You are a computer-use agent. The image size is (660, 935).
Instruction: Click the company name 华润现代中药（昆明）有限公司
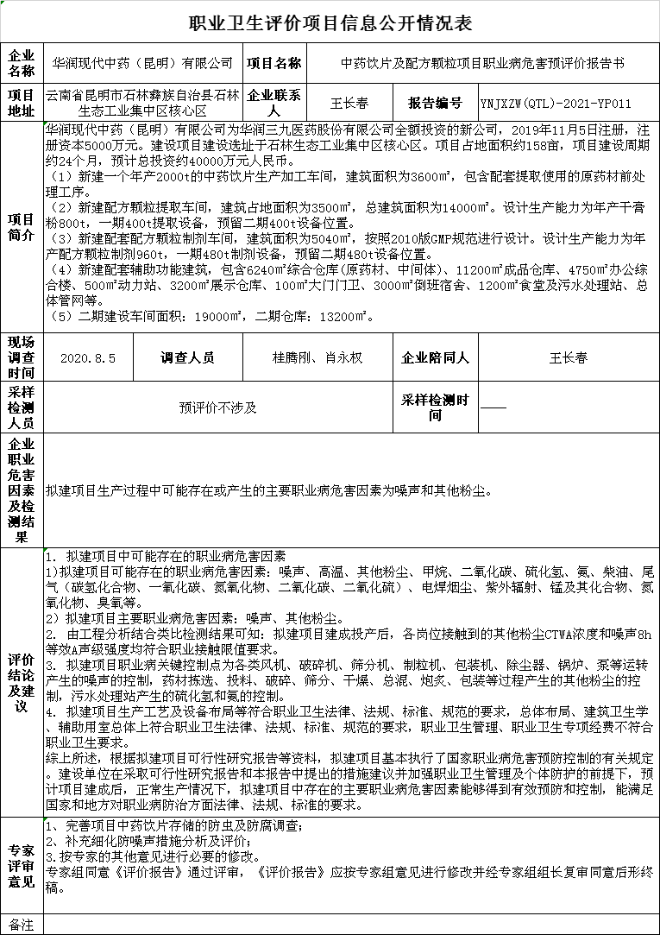pyautogui.click(x=142, y=63)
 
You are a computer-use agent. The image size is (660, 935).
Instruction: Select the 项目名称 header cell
pyautogui.click(x=273, y=63)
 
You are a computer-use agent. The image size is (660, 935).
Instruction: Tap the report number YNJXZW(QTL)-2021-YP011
pyautogui.click(x=556, y=104)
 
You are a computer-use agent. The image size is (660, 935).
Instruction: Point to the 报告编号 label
pyautogui.click(x=435, y=104)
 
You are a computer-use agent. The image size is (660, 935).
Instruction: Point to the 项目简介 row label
pyautogui.click(x=22, y=227)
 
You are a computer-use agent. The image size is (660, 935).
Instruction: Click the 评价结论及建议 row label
pyautogui.click(x=22, y=680)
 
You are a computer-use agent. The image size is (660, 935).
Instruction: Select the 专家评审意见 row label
pyautogui.click(x=22, y=863)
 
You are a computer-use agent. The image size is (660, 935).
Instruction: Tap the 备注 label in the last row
pyautogui.click(x=22, y=925)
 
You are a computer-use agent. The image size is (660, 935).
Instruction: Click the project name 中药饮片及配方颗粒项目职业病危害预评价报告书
pyautogui.click(x=482, y=63)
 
